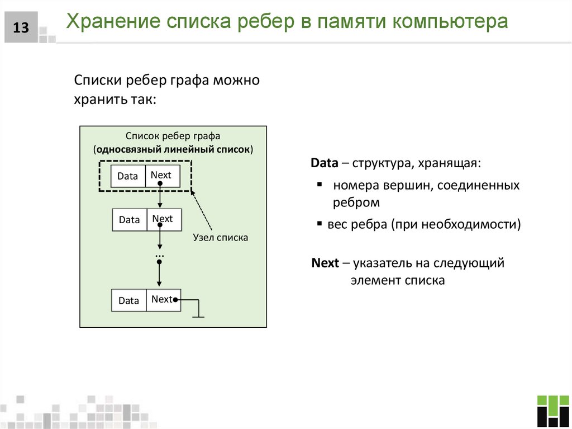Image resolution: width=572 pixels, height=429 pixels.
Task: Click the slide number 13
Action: click(x=21, y=27)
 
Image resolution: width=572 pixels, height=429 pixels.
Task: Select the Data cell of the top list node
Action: click(x=128, y=176)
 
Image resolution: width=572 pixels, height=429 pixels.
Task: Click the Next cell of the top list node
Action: click(x=162, y=176)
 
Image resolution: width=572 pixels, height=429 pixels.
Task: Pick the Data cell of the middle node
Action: click(x=130, y=220)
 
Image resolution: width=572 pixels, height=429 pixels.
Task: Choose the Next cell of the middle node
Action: click(x=163, y=219)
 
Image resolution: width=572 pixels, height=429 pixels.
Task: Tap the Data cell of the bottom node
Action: click(x=129, y=300)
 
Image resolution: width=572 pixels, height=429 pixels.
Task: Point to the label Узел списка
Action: click(x=220, y=237)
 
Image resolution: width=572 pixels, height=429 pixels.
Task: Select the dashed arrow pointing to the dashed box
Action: click(x=202, y=210)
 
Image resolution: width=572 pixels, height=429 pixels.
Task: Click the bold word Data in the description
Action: click(x=325, y=163)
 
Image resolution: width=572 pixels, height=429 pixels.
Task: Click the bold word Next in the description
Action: click(x=326, y=263)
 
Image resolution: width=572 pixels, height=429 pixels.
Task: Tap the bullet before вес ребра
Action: click(x=320, y=224)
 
